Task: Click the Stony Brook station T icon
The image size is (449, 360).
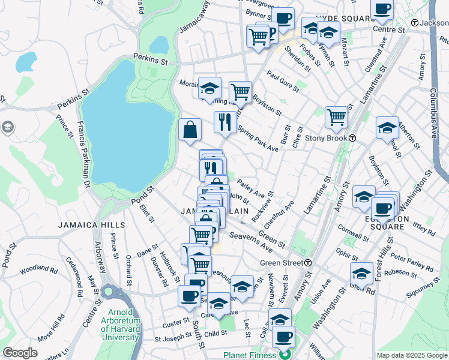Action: tap(352, 137)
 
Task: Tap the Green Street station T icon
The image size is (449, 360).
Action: tap(307, 263)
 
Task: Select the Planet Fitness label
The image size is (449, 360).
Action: tap(250, 355)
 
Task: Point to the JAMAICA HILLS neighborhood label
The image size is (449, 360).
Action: tap(91, 225)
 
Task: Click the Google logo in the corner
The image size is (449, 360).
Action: tap(19, 353)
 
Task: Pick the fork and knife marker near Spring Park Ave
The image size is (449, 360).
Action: tap(225, 122)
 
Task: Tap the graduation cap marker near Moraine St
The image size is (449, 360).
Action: tap(209, 88)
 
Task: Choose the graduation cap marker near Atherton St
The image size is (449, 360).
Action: tap(387, 127)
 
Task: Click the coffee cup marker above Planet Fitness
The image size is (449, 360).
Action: tap(283, 337)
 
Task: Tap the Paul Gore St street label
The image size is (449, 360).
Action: tap(283, 82)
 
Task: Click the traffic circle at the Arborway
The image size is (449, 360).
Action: tap(109, 292)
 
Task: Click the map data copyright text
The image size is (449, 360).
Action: tap(412, 355)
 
